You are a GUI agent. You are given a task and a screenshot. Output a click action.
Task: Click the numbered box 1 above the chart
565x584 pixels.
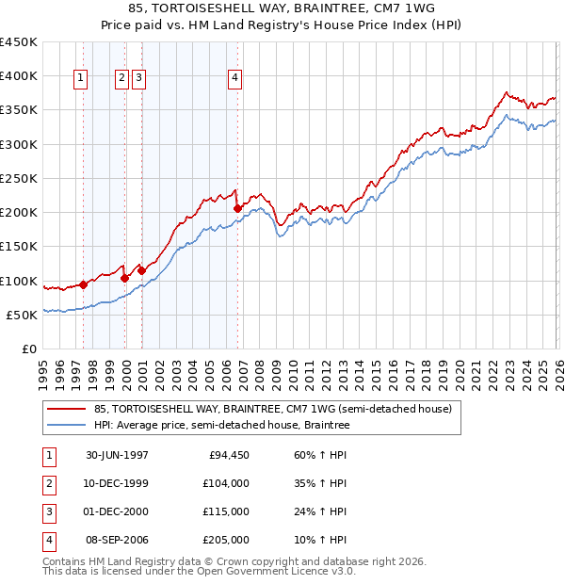click(81, 79)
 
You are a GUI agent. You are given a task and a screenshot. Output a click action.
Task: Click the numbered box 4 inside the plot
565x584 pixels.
click(234, 79)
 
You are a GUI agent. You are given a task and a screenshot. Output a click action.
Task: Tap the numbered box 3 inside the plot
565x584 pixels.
click(138, 79)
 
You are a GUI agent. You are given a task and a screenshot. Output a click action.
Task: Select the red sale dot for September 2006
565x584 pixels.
click(237, 209)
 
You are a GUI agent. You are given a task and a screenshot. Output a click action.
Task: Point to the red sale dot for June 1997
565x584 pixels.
click(84, 284)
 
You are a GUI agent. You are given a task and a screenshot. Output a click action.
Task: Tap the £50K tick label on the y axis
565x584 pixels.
click(22, 315)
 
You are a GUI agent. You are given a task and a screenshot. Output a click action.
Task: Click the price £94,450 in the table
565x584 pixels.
click(228, 455)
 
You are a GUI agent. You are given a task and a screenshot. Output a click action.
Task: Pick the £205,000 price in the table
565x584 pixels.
click(228, 541)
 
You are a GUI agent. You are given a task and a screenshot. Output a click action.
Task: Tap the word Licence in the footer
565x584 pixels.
click(304, 571)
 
